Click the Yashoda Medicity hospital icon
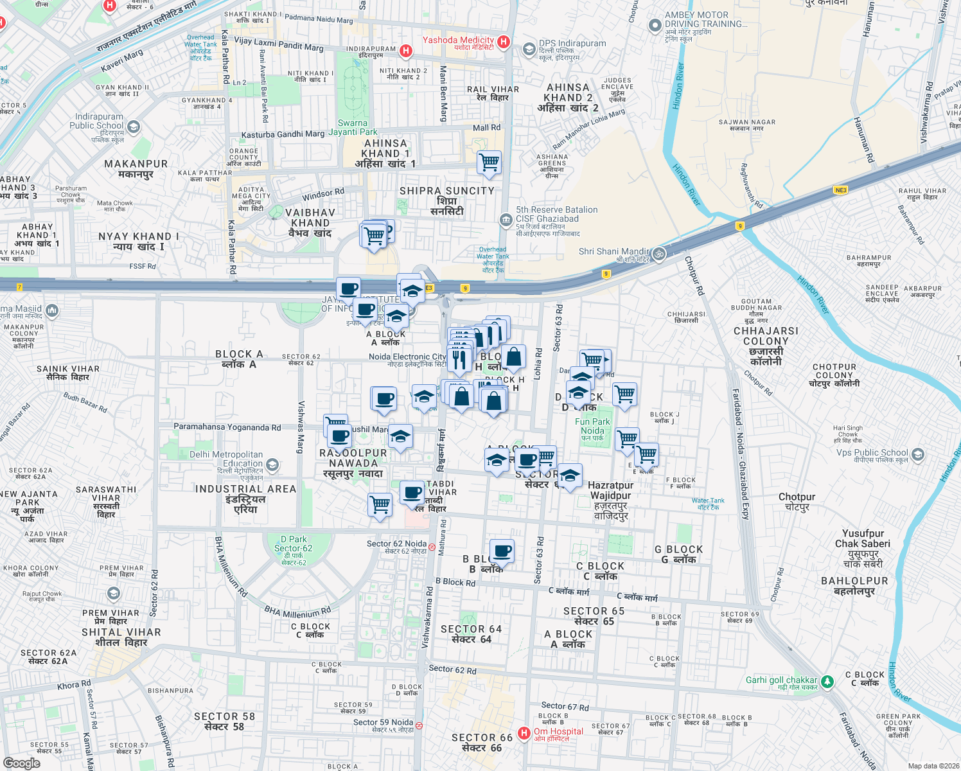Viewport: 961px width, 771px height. pyautogui.click(x=504, y=42)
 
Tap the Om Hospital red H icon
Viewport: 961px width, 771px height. pyautogui.click(x=524, y=733)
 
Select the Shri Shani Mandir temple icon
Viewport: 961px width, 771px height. pyautogui.click(x=658, y=254)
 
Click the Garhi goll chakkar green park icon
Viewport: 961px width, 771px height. pyautogui.click(x=827, y=681)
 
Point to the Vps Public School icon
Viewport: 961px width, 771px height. pyautogui.click(x=917, y=454)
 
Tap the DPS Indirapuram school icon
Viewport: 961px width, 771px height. pyautogui.click(x=529, y=49)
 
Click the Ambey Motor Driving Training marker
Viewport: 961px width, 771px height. pyautogui.click(x=655, y=25)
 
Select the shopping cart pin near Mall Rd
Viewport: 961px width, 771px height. pyautogui.click(x=489, y=162)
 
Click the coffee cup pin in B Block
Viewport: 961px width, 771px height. pyautogui.click(x=502, y=551)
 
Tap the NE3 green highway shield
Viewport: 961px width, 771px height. pyautogui.click(x=840, y=190)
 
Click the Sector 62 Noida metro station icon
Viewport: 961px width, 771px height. pyautogui.click(x=432, y=547)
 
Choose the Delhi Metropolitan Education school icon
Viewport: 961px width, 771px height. pyautogui.click(x=272, y=465)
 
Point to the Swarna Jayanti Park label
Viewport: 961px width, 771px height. pyautogui.click(x=353, y=127)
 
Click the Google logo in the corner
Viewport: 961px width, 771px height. pyautogui.click(x=22, y=763)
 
